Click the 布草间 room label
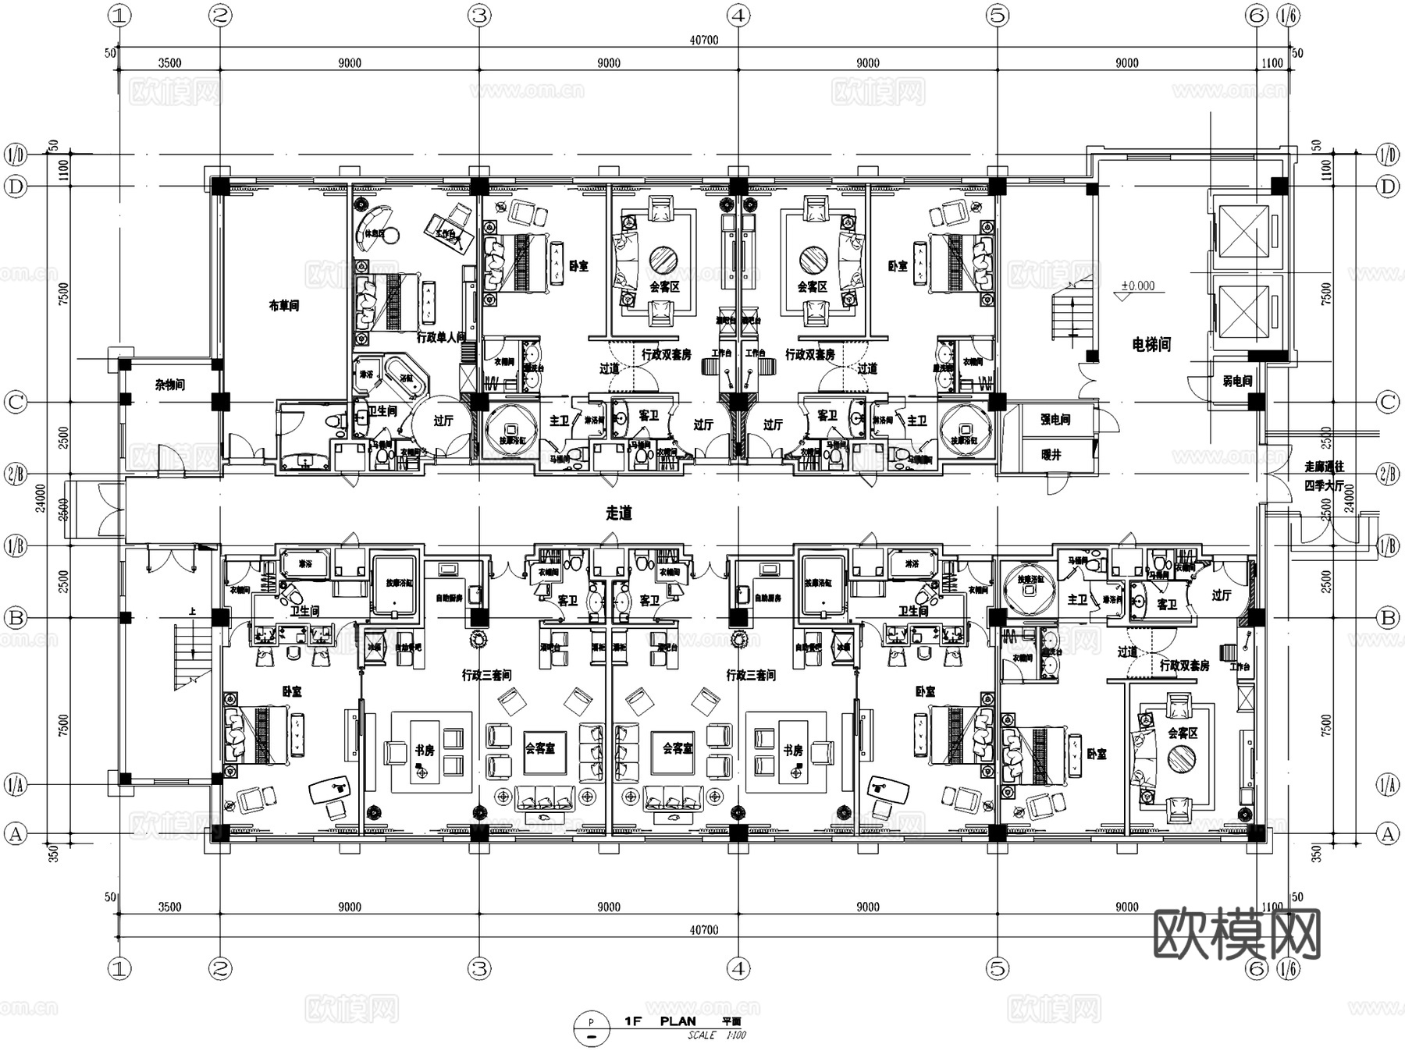tap(283, 306)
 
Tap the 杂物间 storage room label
tap(169, 385)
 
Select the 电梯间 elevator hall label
tap(1151, 344)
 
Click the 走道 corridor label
tap(618, 513)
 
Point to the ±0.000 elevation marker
tap(1137, 286)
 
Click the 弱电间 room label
tap(1236, 381)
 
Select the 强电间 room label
tap(1055, 420)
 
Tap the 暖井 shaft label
tap(1051, 454)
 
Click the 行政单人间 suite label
tap(441, 338)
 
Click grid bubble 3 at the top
tap(479, 15)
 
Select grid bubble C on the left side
tap(16, 403)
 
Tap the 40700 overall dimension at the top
tap(704, 41)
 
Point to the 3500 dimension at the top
tap(169, 63)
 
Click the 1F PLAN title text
tap(660, 1021)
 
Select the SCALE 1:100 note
tap(717, 1035)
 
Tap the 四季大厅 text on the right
tap(1324, 485)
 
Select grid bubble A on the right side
tap(1387, 833)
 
